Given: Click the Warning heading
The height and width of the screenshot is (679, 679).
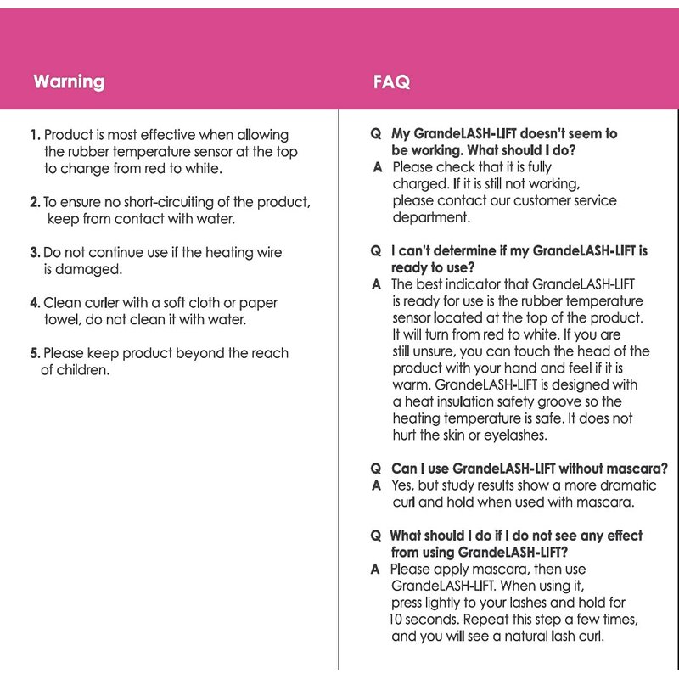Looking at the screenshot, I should [x=69, y=82].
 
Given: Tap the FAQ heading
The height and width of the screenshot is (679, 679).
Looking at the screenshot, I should [x=391, y=82].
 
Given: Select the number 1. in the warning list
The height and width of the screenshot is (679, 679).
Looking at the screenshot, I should [x=35, y=135].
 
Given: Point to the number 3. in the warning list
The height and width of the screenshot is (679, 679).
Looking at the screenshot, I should [x=35, y=252].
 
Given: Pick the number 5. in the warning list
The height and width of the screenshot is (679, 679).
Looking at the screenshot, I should [x=35, y=353].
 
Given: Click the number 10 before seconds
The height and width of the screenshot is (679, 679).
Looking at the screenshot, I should [x=396, y=620].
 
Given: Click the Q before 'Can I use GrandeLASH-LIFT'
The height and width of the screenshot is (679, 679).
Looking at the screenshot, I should [x=375, y=469].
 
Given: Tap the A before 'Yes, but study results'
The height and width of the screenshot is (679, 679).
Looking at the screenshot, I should [x=376, y=485].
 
